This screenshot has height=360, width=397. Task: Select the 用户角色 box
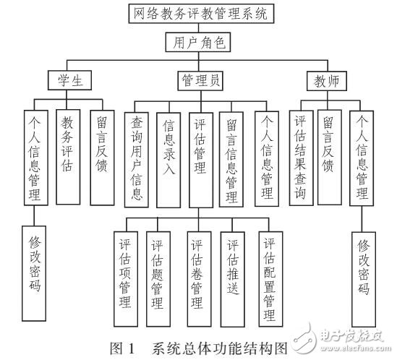[x=198, y=42]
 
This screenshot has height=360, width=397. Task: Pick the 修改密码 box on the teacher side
[x=364, y=275]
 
